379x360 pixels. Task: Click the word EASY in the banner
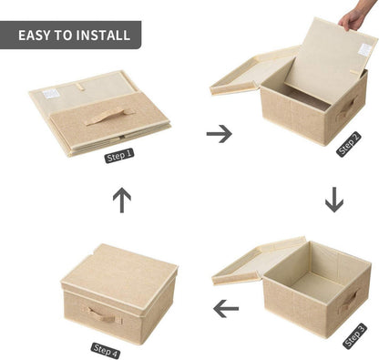coord(34,36)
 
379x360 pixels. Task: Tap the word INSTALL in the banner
coord(103,36)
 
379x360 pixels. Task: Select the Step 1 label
coord(119,156)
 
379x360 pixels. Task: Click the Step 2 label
coord(349,144)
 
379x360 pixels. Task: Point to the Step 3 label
coord(354,336)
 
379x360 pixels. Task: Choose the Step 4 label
coord(106,351)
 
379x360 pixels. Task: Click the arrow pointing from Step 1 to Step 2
coord(220,134)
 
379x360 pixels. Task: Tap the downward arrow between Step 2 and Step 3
coord(334,200)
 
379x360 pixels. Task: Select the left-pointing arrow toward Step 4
coord(226,309)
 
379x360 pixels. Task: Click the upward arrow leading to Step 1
coord(122,201)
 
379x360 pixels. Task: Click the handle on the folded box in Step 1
coord(110,117)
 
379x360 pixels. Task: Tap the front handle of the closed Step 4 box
coord(102,315)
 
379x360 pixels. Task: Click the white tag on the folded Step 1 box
coord(50,94)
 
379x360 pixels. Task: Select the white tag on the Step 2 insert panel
coord(364,49)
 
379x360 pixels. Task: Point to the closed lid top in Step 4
coord(119,267)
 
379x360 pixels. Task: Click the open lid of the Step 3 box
coord(259,261)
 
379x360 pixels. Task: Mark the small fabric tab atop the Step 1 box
coord(80,87)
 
